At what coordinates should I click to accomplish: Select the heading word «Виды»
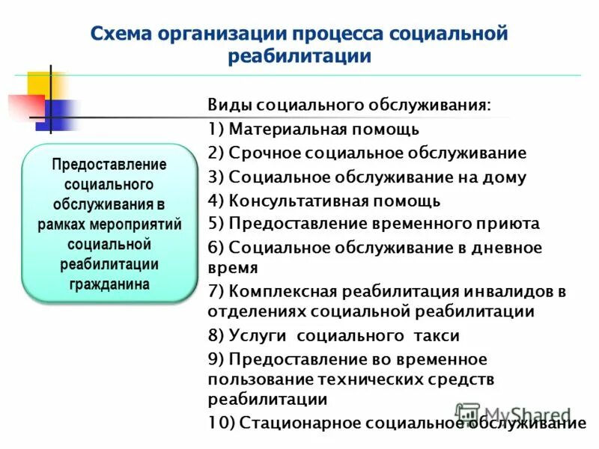pos(228,105)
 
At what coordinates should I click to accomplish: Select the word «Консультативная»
pos(298,201)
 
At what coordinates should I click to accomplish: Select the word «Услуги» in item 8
pos(257,335)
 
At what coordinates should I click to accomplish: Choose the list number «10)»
pos(222,423)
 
